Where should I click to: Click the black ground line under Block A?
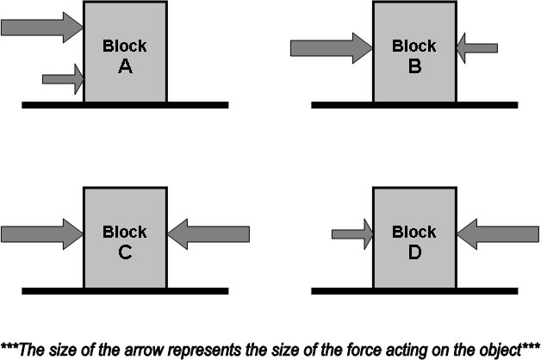(x=125, y=105)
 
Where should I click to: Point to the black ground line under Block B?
(x=414, y=105)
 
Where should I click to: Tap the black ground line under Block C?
(x=125, y=291)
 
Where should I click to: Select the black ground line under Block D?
(x=414, y=291)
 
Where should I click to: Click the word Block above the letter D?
(x=414, y=232)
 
